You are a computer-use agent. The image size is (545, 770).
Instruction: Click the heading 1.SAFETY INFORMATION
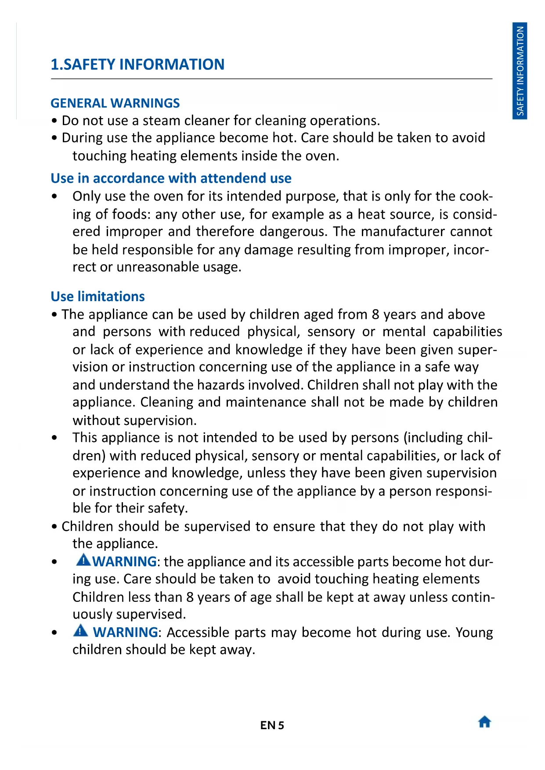137,65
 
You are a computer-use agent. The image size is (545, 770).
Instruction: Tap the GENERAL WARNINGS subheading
115,103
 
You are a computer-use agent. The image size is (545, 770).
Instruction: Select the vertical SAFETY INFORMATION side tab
520,71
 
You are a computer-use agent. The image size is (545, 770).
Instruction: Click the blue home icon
484,721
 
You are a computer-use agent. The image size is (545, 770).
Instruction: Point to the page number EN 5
272,725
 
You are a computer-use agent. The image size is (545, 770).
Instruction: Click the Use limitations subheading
97,297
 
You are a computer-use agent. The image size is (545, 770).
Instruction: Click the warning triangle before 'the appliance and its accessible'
83,560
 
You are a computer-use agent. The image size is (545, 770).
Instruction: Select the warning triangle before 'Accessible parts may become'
81,630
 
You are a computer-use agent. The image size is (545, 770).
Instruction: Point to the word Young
474,633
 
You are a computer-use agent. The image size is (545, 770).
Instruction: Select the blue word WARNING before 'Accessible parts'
125,633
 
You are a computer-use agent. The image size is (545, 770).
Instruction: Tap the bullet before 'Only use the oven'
54,197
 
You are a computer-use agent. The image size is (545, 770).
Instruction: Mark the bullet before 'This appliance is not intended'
54,438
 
